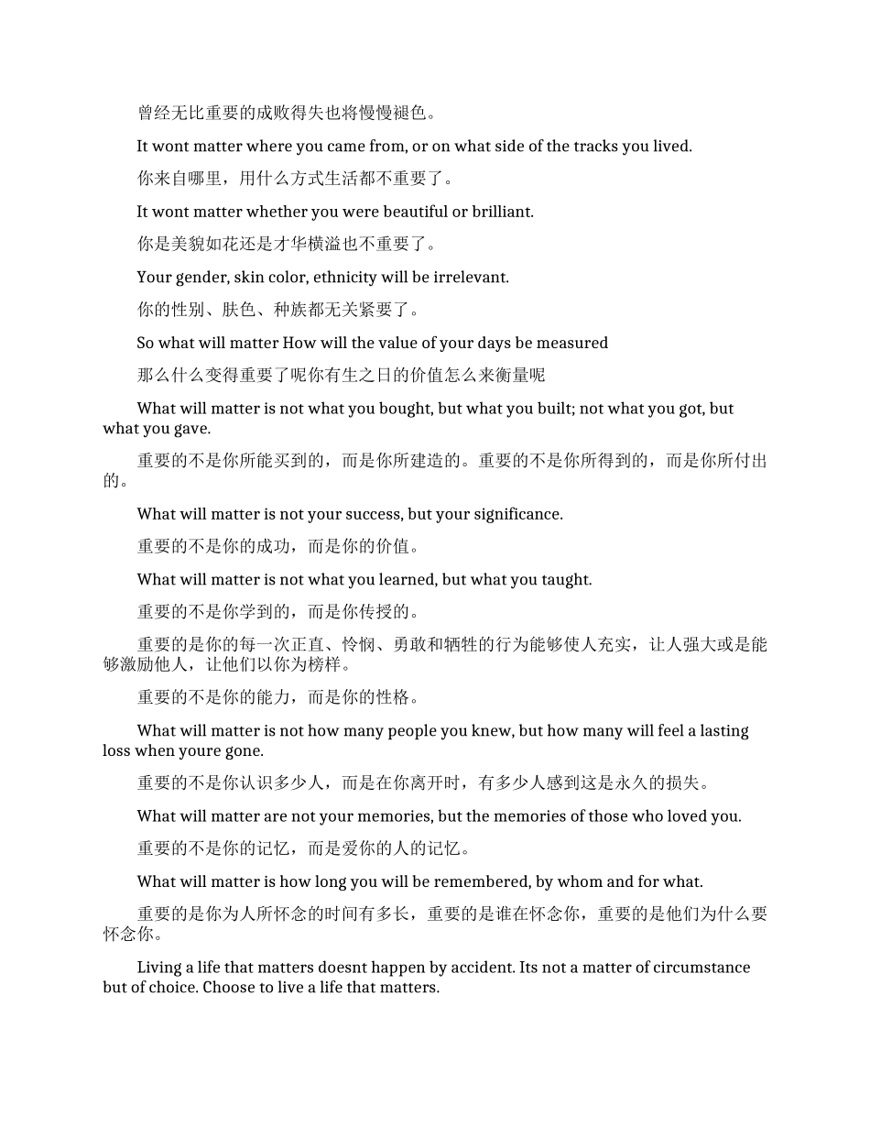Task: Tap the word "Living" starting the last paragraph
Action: click(159, 968)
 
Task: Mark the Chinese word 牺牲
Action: click(495, 645)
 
